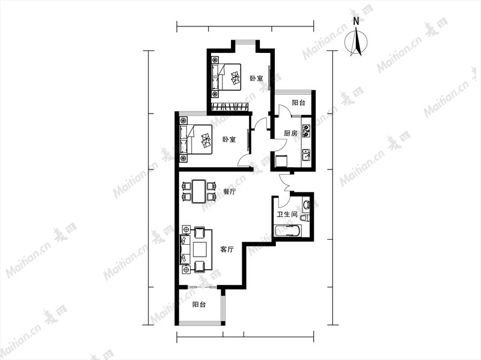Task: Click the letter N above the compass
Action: point(356,21)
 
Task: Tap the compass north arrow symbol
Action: point(356,42)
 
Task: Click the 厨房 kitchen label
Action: point(290,133)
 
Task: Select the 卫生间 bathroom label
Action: point(287,215)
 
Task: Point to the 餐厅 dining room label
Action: point(230,192)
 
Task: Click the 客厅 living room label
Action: point(227,249)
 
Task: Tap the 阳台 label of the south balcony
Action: point(199,305)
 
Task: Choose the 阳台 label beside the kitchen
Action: point(298,103)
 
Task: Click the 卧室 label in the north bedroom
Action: point(256,79)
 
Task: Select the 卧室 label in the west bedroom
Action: point(229,139)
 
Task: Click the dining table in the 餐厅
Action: point(199,191)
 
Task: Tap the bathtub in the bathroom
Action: point(287,231)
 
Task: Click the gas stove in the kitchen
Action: point(306,130)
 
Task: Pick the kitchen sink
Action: point(306,155)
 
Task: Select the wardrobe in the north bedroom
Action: point(230,107)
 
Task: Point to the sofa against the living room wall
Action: point(185,249)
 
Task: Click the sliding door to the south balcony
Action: point(202,287)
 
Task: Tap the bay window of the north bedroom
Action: point(245,40)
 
